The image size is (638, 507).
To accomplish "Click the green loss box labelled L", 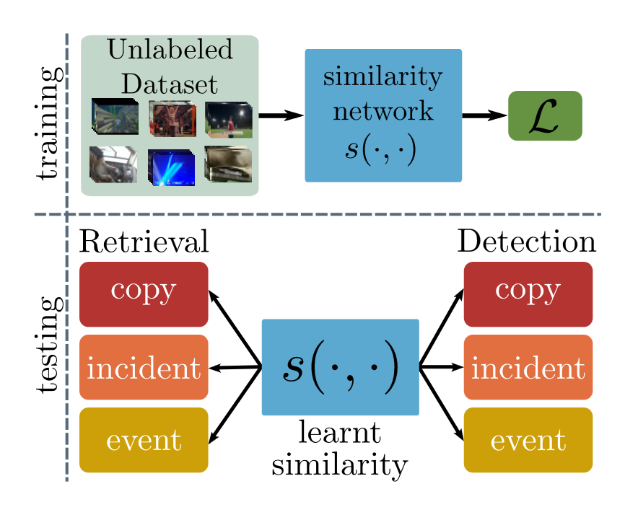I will (x=545, y=115).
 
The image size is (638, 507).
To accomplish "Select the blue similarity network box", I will (x=383, y=115).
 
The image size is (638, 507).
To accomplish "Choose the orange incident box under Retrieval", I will (x=144, y=367).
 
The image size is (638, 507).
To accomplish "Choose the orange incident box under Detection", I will (x=528, y=367).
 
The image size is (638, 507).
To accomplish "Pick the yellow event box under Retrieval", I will (x=144, y=440).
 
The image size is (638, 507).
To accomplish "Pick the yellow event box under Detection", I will (x=528, y=440).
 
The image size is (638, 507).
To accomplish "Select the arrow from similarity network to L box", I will (x=485, y=115).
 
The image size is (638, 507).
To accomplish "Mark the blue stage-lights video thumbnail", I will (x=171, y=167).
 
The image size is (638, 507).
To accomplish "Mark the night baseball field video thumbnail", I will (x=228, y=118).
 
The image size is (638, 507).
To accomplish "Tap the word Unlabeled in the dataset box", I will (x=170, y=50).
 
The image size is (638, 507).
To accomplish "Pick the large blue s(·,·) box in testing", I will (x=340, y=367).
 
